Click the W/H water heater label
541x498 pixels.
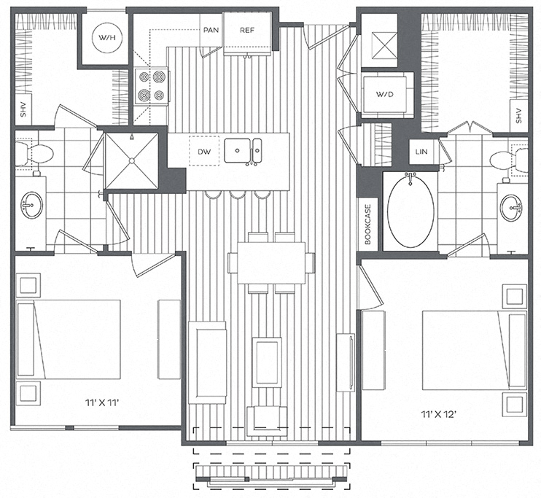(107, 38)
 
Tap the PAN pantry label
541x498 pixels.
(211, 30)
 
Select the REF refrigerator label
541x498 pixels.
(247, 30)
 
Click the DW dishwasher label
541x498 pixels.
(204, 152)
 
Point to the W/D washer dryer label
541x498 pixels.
(385, 94)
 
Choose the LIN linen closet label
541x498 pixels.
(421, 152)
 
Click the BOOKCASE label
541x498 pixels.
(367, 225)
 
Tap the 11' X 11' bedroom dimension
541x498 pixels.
(103, 402)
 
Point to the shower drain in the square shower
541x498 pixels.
(131, 160)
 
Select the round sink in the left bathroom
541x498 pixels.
(32, 206)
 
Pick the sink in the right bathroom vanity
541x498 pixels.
(512, 207)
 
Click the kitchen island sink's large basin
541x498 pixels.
(237, 150)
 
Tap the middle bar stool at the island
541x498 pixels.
(238, 195)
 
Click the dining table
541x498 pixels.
(271, 262)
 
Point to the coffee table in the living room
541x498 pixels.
(266, 362)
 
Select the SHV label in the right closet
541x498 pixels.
(519, 116)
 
